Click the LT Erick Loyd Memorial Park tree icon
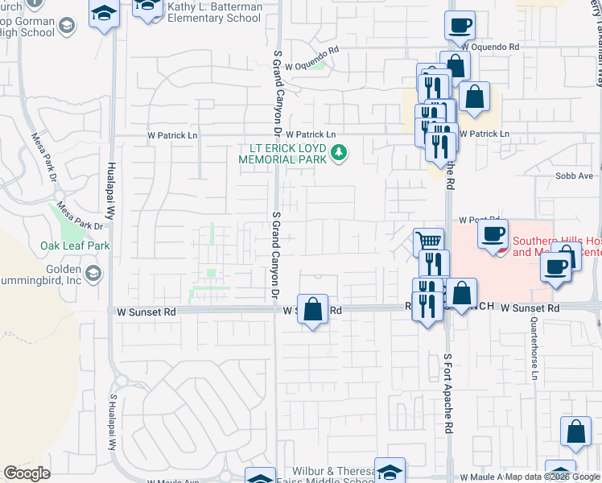(340, 151)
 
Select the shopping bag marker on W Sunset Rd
(313, 310)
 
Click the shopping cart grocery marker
(428, 242)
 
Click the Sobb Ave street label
(574, 175)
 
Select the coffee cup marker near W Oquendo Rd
(460, 26)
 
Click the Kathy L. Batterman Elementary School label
(216, 11)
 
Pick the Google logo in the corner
(27, 473)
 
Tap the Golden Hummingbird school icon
(96, 274)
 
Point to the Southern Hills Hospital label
(555, 246)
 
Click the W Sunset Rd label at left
(146, 311)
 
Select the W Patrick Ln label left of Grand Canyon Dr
(171, 135)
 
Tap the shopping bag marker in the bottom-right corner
(576, 432)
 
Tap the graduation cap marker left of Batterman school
(103, 14)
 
